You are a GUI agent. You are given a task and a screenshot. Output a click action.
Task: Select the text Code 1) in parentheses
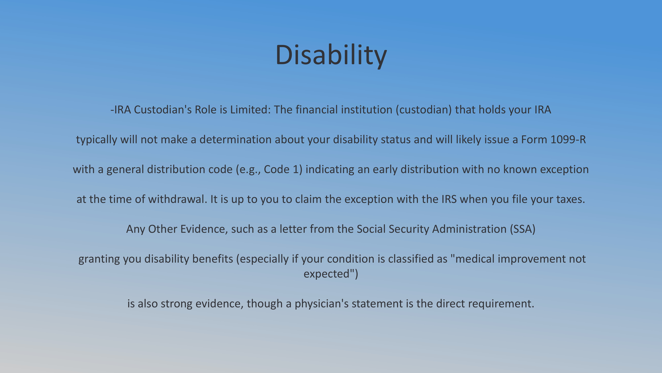click(x=283, y=170)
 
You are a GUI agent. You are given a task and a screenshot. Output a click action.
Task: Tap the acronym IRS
click(x=449, y=199)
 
